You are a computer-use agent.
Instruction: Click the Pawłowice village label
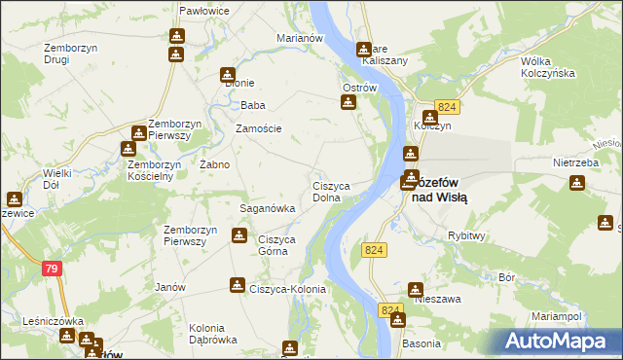coord(203,11)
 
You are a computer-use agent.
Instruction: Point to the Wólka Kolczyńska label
coord(550,67)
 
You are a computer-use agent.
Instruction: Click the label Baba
coord(253,105)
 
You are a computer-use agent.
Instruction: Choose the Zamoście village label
coord(259,128)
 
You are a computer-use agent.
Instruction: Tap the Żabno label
coord(214,164)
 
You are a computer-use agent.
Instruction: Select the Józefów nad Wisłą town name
coord(437,189)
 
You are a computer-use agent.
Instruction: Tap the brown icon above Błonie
coord(228,73)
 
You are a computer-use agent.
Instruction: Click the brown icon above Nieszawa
coord(416,289)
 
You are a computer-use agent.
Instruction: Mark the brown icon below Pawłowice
coord(176,35)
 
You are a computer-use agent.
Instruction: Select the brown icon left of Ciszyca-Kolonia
coord(237,284)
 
